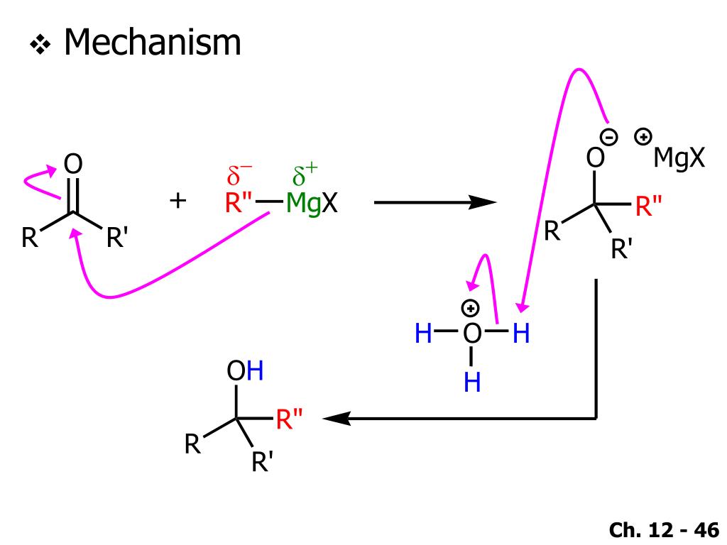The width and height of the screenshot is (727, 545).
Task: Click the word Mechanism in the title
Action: pyautogui.click(x=153, y=43)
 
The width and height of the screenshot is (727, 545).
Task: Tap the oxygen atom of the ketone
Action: pyautogui.click(x=73, y=165)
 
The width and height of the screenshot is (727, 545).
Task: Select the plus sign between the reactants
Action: pyautogui.click(x=177, y=202)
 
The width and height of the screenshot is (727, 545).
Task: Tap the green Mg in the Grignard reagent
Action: pyautogui.click(x=303, y=204)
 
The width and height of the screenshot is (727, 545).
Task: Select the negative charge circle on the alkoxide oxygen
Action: pyautogui.click(x=610, y=137)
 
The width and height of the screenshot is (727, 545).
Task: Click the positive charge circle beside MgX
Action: pyautogui.click(x=643, y=136)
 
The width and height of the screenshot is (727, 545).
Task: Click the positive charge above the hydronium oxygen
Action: pyautogui.click(x=471, y=308)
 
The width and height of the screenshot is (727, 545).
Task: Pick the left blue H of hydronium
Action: pyautogui.click(x=423, y=334)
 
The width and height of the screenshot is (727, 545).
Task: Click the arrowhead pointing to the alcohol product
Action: pyautogui.click(x=334, y=419)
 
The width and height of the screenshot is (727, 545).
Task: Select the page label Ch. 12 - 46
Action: pyautogui.click(x=664, y=530)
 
